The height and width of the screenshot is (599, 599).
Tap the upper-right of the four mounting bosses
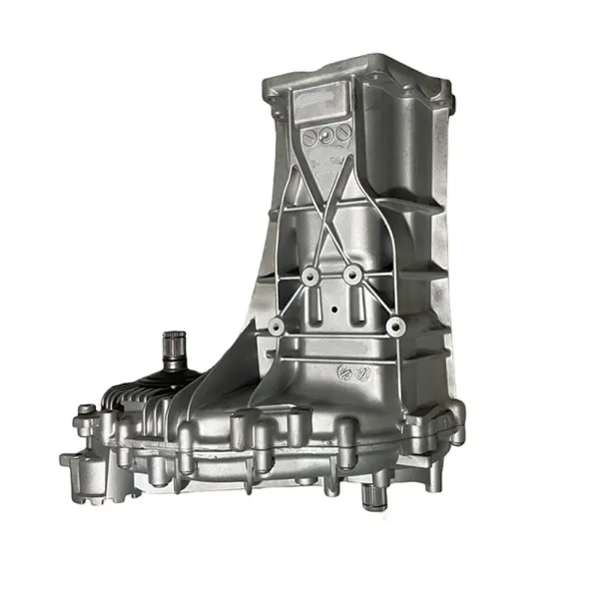coord(351,273)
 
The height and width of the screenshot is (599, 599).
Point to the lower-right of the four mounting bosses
coord(394,323)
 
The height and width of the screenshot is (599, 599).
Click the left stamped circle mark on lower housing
coord(337,371)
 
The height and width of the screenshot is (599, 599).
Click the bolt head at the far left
coord(86,409)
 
